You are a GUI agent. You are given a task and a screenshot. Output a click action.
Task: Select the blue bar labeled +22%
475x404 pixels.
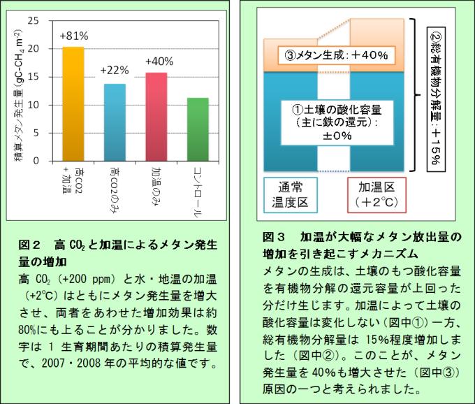coord(114,122)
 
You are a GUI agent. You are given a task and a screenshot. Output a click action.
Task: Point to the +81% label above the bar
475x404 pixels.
coord(73,36)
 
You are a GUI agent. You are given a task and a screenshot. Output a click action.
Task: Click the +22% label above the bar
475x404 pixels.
coord(114,71)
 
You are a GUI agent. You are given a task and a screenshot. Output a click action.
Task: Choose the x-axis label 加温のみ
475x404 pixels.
coord(156,183)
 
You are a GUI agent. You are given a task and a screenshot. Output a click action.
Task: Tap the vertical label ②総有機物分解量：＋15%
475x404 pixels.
coord(434,98)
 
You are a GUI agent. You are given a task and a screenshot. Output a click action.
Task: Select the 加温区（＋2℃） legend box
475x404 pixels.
coord(377,194)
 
